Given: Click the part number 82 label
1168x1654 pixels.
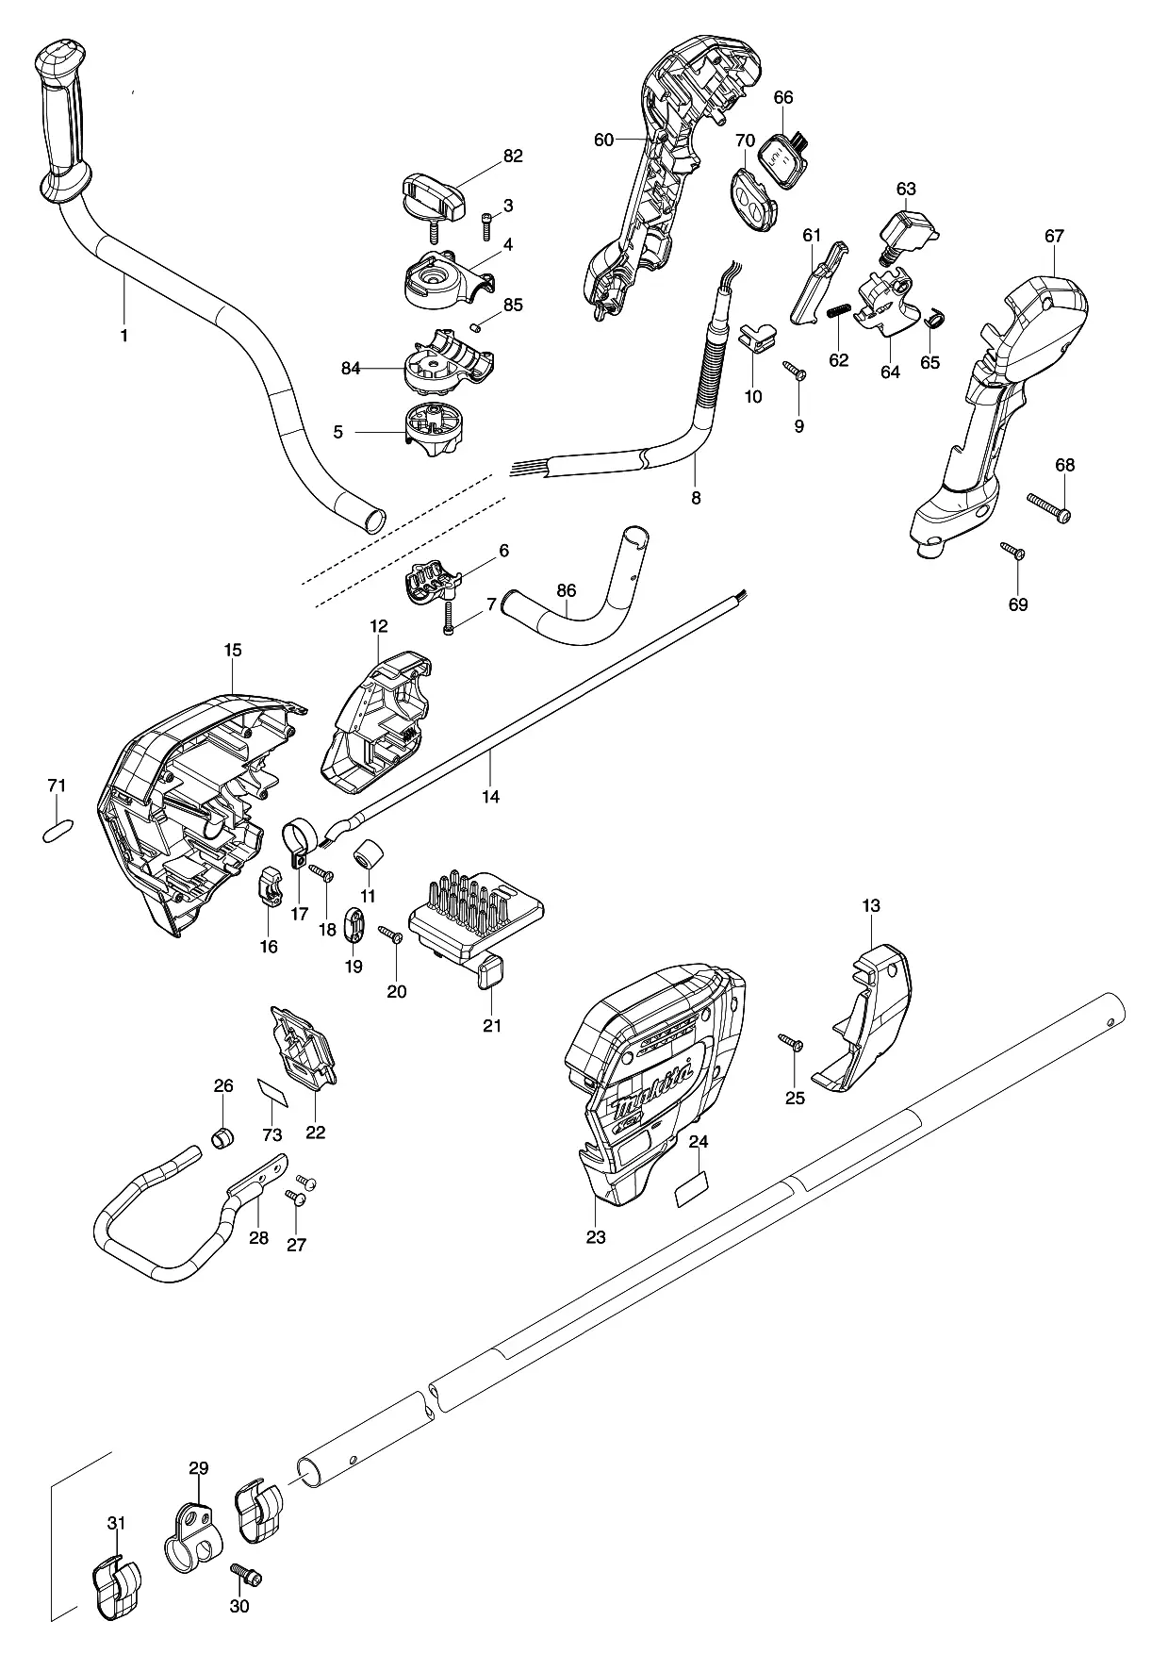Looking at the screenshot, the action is [x=512, y=157].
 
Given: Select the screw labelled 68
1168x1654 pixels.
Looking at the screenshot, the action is [x=1049, y=507].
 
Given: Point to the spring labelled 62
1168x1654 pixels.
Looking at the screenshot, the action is [x=840, y=311].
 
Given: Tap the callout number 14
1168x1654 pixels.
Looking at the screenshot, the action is [x=490, y=797].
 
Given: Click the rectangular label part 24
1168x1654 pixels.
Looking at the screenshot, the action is [x=692, y=1190].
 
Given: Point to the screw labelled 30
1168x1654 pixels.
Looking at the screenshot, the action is [x=246, y=1577].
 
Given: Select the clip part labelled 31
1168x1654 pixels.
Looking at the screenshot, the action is [x=116, y=1589].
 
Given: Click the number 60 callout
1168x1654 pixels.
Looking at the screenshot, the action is [x=603, y=141].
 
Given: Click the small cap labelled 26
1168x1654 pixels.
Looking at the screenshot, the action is [x=222, y=1137].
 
